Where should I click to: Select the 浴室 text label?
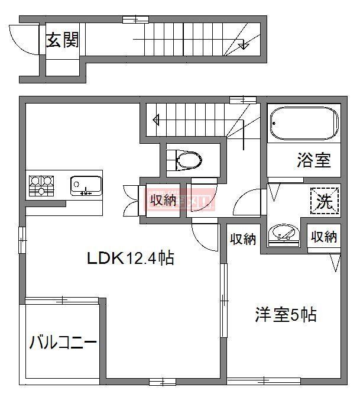(x=313, y=160)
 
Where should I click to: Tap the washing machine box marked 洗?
(x=325, y=201)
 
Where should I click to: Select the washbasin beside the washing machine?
(x=283, y=234)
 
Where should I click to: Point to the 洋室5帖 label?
(x=286, y=314)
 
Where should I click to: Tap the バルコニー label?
(x=62, y=342)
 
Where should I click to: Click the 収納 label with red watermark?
(x=163, y=200)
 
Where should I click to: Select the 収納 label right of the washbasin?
(x=324, y=237)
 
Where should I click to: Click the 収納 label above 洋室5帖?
(x=243, y=239)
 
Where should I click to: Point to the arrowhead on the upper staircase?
(x=243, y=46)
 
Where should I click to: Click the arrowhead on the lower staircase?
(x=156, y=120)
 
